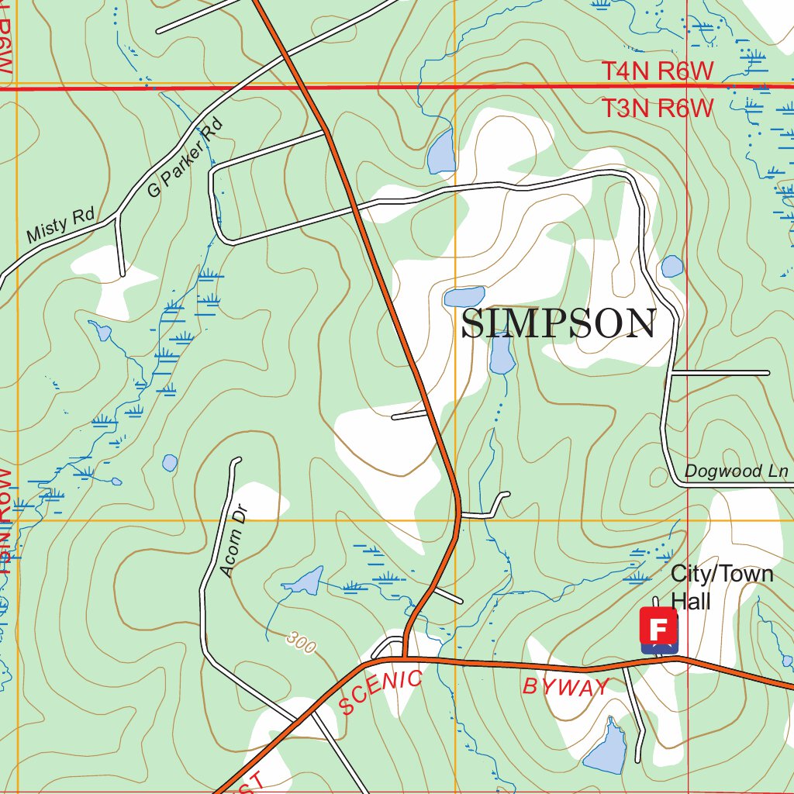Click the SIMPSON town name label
coord(558,323)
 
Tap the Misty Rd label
coord(59,225)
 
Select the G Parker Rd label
coord(184,157)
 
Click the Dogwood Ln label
coord(736,471)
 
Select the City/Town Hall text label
coord(721,587)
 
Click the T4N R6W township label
coord(657,71)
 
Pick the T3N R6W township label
coord(657,109)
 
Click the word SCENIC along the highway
coord(381,692)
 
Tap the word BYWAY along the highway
coord(566,685)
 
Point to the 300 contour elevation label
coord(300,642)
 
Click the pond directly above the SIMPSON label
coord(464,296)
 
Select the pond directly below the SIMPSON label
coord(501,357)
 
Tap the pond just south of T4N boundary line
coord(440,151)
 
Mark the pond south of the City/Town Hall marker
coord(606,747)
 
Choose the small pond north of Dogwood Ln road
coord(671,267)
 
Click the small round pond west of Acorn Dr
coord(170,463)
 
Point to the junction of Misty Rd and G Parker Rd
coord(117,215)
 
